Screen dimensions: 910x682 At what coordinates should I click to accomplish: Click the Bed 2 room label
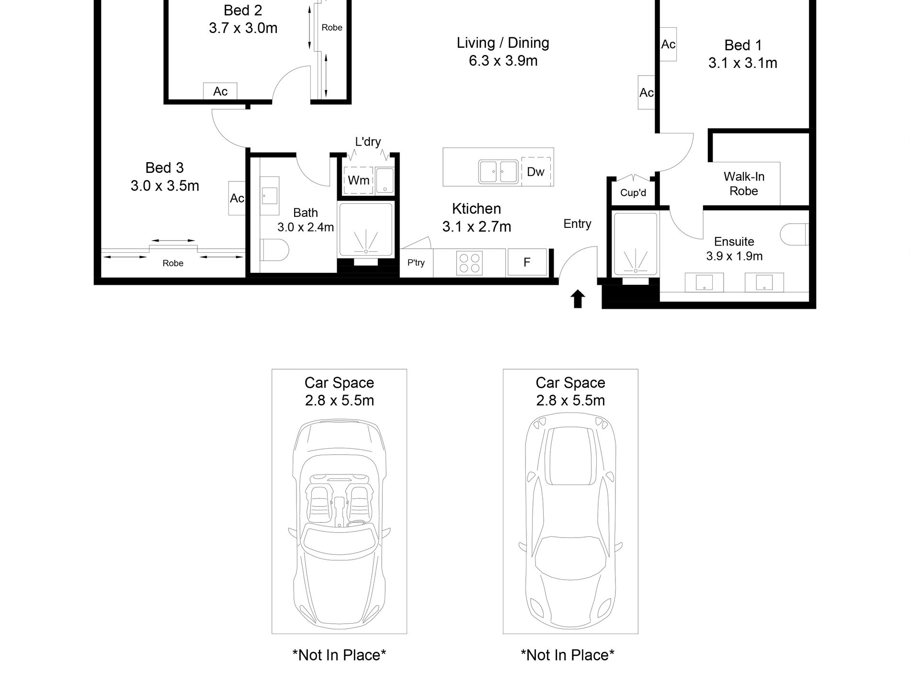point(243,11)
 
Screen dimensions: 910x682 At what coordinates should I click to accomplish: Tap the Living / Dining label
point(503,43)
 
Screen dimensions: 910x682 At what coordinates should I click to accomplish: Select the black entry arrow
point(578,299)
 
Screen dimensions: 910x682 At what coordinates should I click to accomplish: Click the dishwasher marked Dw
point(535,171)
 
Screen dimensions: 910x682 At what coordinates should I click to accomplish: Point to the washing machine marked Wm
point(359,180)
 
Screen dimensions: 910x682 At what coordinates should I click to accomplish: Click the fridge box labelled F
point(527,262)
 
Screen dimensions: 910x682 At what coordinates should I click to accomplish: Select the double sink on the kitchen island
point(498,171)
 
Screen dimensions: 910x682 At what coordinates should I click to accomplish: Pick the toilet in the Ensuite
point(795,235)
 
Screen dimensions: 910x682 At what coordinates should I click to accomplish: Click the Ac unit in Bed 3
point(237,198)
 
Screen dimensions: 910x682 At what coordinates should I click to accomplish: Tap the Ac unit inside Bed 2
point(220,91)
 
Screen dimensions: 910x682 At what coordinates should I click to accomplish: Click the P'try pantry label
point(416,263)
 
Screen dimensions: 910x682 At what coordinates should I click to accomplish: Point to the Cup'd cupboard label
point(633,193)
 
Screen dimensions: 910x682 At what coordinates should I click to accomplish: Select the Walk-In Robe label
point(744,184)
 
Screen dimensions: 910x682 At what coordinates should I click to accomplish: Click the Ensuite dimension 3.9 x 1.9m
point(734,256)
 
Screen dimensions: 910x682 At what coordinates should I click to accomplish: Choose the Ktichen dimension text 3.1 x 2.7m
point(477,226)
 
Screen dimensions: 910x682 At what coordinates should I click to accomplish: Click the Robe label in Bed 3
point(173,263)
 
